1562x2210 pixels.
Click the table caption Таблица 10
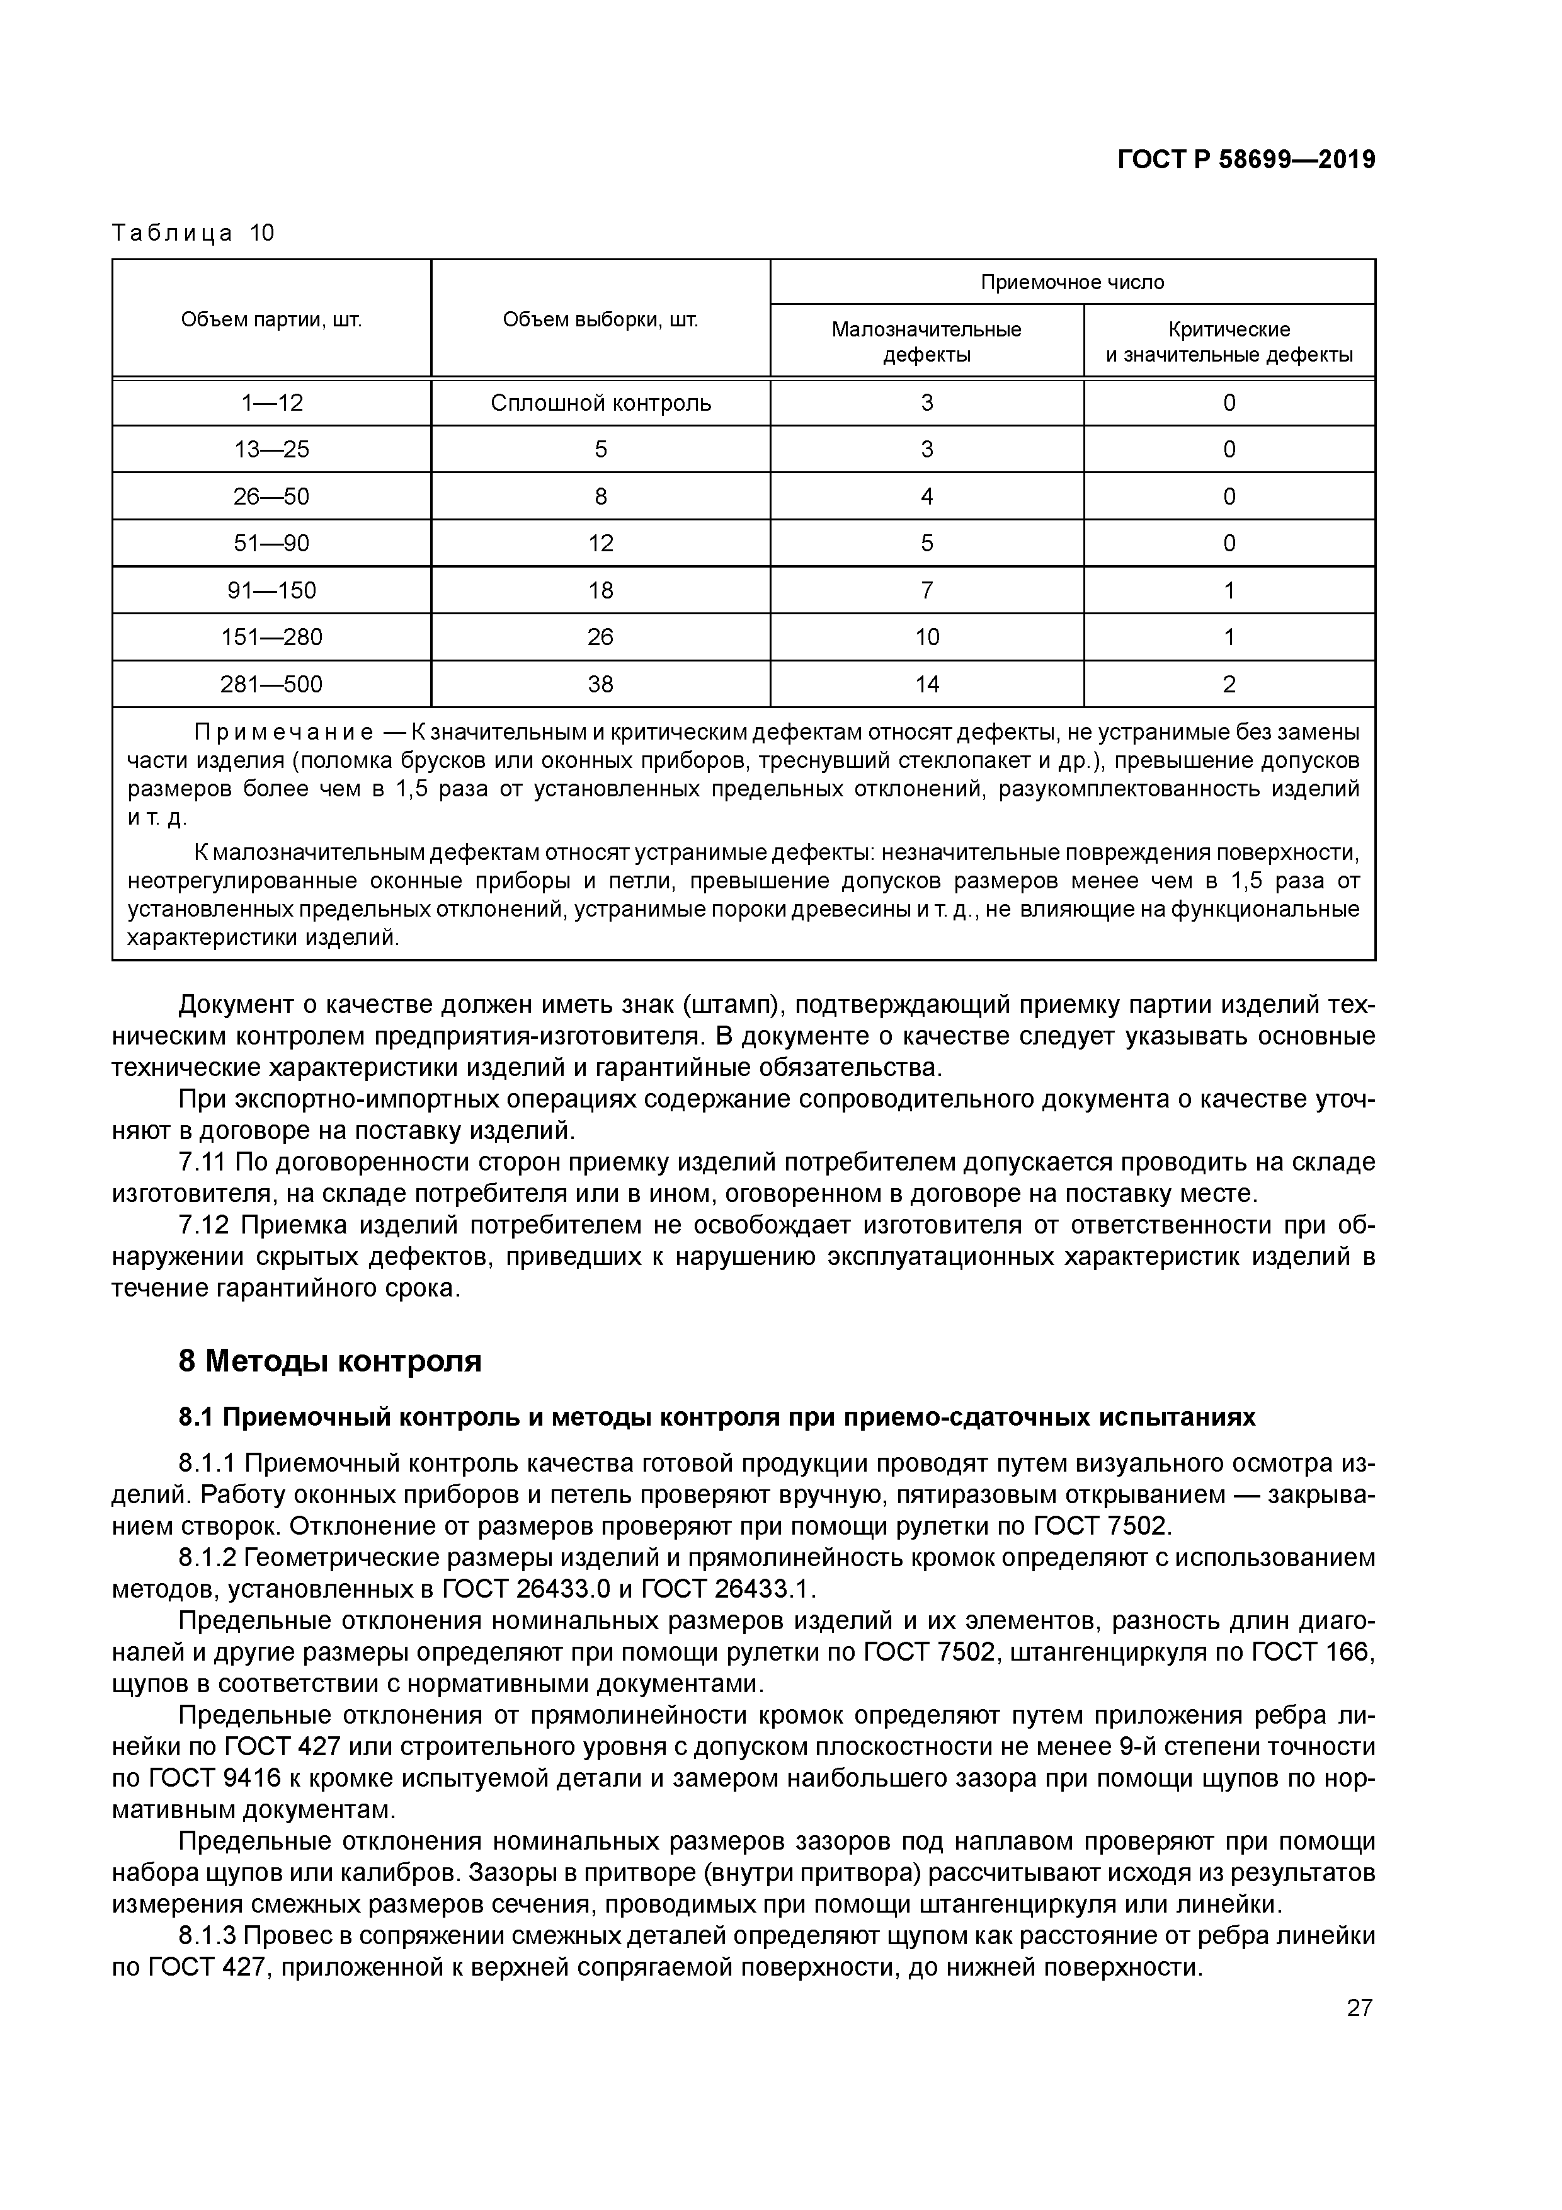pyautogui.click(x=193, y=233)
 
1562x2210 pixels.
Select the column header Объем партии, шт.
pyautogui.click(x=271, y=319)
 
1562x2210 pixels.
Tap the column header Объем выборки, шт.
pyautogui.click(x=600, y=319)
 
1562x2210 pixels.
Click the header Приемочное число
pyautogui.click(x=1072, y=282)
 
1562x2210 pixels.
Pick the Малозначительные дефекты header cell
pyautogui.click(x=926, y=341)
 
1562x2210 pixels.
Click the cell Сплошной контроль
pyautogui.click(x=600, y=403)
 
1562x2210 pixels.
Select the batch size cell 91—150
pyautogui.click(x=271, y=590)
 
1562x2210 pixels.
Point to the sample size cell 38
pyautogui.click(x=600, y=684)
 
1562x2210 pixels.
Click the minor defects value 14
pyautogui.click(x=926, y=684)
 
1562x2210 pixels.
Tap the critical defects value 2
pyautogui.click(x=1229, y=684)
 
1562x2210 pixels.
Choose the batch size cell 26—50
pyautogui.click(x=271, y=496)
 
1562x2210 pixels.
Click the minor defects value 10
pyautogui.click(x=926, y=637)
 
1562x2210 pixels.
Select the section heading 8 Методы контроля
pyautogui.click(x=330, y=1361)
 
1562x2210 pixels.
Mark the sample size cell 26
pyautogui.click(x=600, y=637)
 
